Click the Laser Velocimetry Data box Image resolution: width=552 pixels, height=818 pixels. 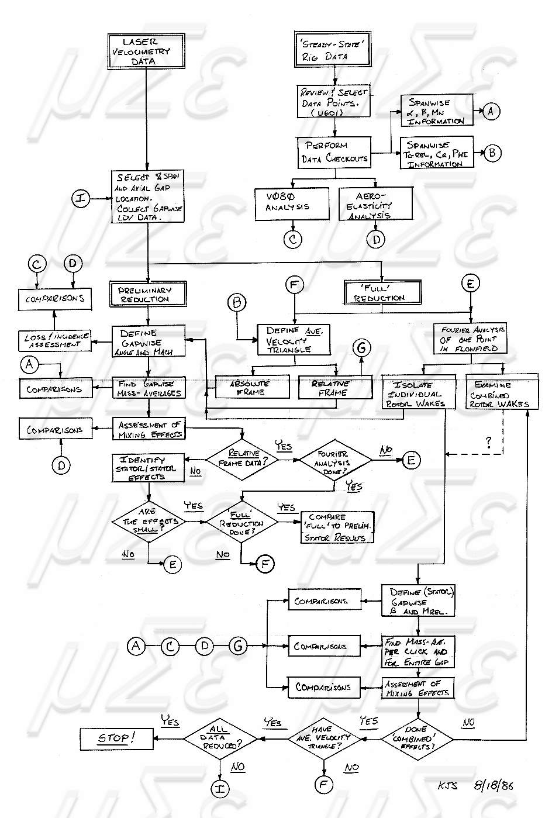(140, 51)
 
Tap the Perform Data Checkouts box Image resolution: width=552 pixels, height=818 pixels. (334, 152)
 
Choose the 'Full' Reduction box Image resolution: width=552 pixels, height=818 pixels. (382, 292)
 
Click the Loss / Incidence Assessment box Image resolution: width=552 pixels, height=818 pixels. (56, 340)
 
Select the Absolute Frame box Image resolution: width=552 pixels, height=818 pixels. (252, 387)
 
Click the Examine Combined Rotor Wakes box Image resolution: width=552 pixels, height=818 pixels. (501, 394)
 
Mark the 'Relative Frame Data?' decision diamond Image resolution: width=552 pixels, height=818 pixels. (243, 459)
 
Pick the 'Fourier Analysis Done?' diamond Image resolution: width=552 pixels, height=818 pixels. (334, 461)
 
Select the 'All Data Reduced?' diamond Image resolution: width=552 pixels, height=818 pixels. (220, 738)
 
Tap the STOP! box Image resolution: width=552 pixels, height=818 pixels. (116, 738)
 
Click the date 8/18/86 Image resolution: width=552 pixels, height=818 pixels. (493, 785)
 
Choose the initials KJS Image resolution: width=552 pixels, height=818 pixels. (447, 785)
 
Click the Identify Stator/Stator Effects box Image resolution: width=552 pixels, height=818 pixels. (149, 468)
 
